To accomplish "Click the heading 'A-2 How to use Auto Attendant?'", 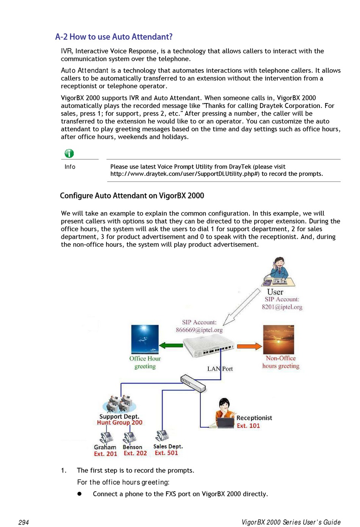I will tap(114, 37).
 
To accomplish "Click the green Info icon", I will tap(69, 153).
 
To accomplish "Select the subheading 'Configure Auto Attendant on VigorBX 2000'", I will tap(132, 196).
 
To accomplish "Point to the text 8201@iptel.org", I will tap(282, 307).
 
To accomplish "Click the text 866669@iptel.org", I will tap(199, 330).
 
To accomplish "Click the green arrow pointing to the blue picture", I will tap(171, 345).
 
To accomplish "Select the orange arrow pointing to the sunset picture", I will tap(249, 346).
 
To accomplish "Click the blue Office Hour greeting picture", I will tap(145, 339).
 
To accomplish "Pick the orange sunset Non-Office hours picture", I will tap(279, 339).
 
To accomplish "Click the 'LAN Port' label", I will tap(220, 369).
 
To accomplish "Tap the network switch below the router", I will tap(193, 383).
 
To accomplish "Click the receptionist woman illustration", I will tap(225, 413).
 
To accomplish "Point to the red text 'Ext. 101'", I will tap(248, 426).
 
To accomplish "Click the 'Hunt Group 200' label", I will tap(119, 423).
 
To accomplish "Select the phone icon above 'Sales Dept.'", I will tap(162, 436).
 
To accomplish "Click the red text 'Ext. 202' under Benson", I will tap(135, 454).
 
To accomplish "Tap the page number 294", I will tap(23, 522).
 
